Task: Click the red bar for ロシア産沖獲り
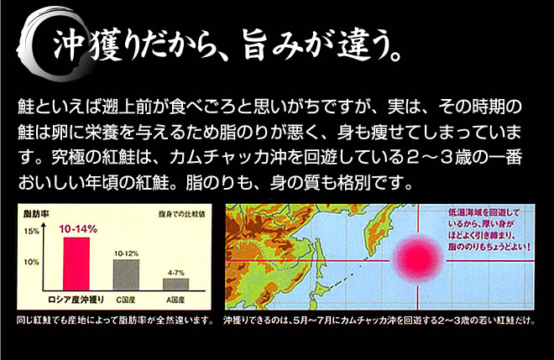coord(76,263)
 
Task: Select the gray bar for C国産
coord(126,275)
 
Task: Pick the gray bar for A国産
coord(176,284)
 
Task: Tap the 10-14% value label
coord(78,229)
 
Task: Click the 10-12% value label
coord(126,253)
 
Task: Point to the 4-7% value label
coord(176,273)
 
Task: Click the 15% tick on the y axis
coord(31,232)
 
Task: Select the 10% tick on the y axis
coord(31,262)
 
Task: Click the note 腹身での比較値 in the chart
coord(181,214)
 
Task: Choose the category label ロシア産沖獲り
coord(76,300)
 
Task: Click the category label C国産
coord(126,300)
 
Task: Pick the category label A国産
coord(175,300)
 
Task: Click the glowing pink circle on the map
coord(418,259)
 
